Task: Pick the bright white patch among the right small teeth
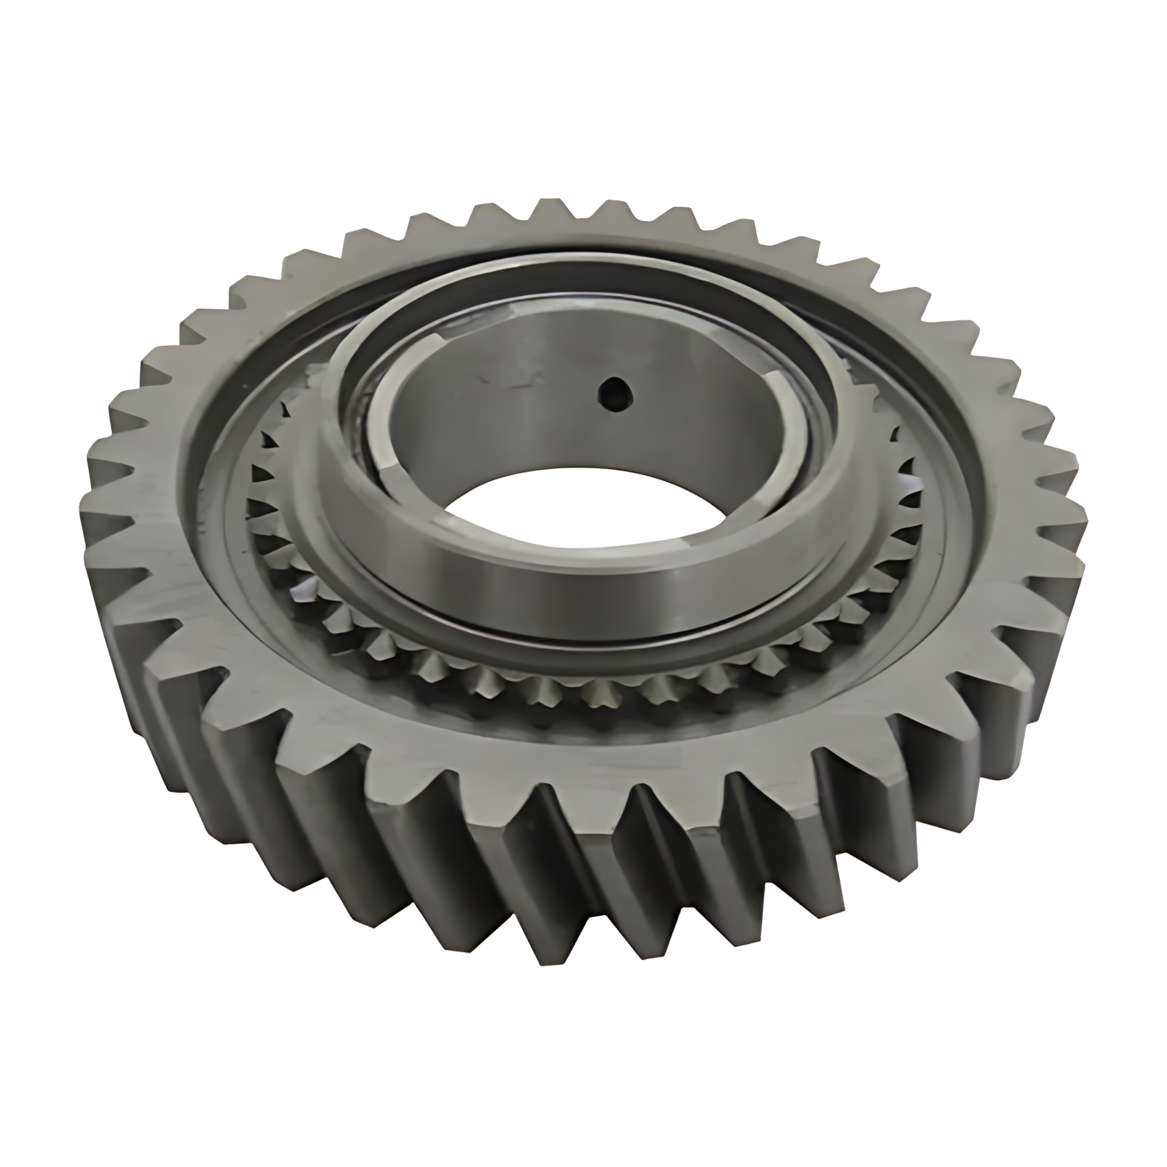[x=903, y=483]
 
